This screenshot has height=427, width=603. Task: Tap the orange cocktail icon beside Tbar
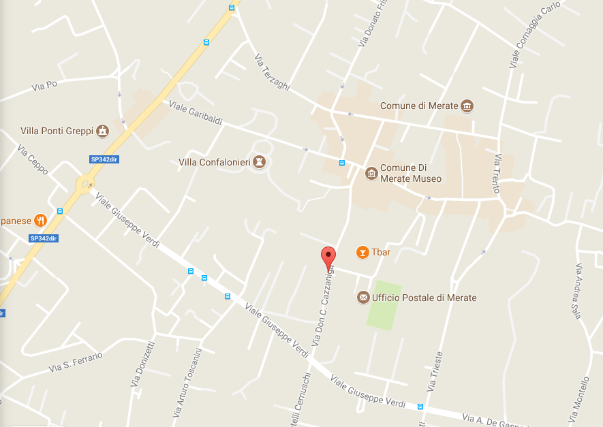tap(362, 252)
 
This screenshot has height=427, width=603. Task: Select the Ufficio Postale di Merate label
tap(424, 298)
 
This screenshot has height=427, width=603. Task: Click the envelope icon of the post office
tap(362, 298)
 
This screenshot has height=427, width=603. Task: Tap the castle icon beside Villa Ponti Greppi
tap(102, 131)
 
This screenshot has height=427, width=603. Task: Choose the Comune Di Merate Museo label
tap(411, 174)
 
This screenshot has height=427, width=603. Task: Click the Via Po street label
tap(44, 86)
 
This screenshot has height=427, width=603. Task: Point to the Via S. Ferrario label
tap(75, 362)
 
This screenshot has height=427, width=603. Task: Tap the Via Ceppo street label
tap(33, 159)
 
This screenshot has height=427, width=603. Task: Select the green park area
tap(384, 304)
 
